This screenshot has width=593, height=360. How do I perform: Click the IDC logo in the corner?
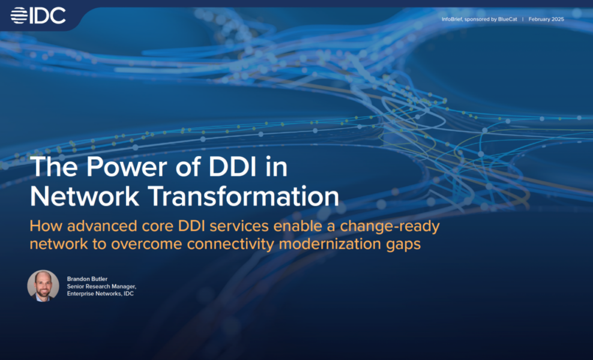[38, 15]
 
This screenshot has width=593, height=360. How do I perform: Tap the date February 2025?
[546, 19]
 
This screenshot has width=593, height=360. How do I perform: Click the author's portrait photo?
[43, 286]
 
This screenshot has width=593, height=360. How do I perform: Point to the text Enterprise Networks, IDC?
[100, 294]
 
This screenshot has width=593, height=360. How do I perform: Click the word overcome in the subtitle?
[154, 245]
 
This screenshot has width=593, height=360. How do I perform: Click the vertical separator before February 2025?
[522, 19]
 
